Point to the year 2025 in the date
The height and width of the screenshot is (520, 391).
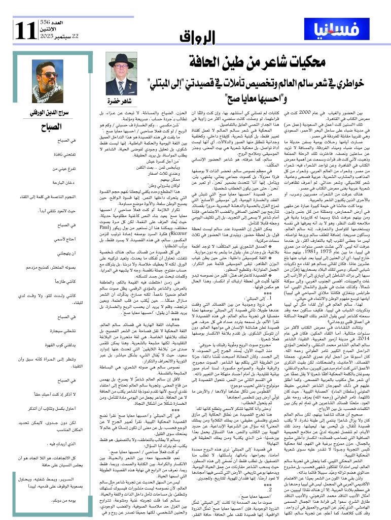tap(47, 37)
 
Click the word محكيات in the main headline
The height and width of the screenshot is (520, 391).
tap(285, 63)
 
